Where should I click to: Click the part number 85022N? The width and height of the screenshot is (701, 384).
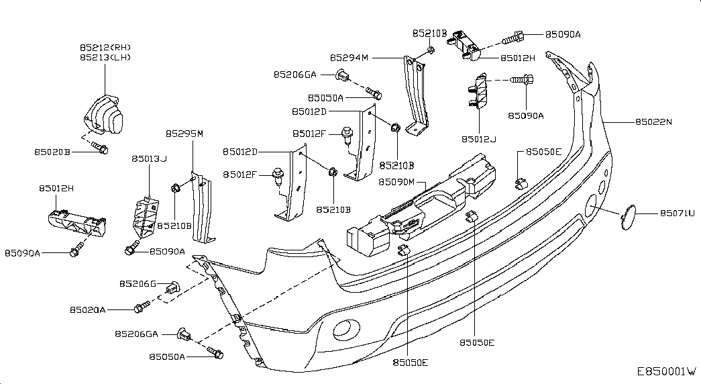pyautogui.click(x=655, y=122)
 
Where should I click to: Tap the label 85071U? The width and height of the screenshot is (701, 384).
pyautogui.click(x=677, y=213)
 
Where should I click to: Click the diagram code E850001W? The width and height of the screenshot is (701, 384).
pyautogui.click(x=667, y=371)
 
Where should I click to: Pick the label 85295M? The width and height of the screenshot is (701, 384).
pyautogui.click(x=184, y=134)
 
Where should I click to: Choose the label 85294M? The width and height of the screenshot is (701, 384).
pyautogui.click(x=349, y=58)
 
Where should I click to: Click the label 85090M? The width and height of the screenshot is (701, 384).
pyautogui.click(x=398, y=182)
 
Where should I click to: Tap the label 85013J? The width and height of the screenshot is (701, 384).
pyautogui.click(x=149, y=159)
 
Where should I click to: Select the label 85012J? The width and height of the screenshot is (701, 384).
pyautogui.click(x=479, y=140)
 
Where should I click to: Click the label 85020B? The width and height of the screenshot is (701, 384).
pyautogui.click(x=52, y=152)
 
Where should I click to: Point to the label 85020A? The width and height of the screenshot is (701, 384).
pyautogui.click(x=88, y=309)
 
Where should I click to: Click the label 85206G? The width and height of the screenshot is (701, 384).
pyautogui.click(x=138, y=284)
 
